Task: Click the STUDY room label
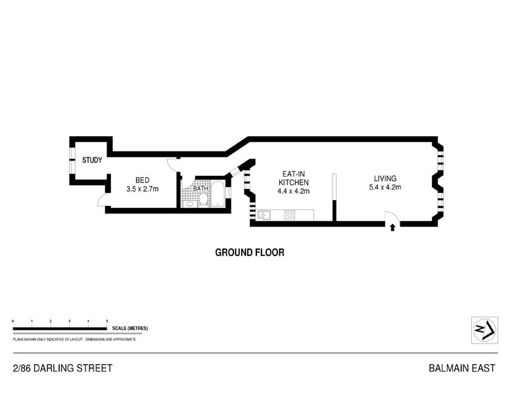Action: click(92, 160)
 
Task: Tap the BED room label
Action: click(143, 180)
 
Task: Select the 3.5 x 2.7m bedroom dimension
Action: click(143, 189)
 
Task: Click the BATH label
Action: click(200, 189)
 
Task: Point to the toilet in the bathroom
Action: click(203, 199)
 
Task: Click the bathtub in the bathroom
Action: click(218, 194)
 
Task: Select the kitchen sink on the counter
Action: click(264, 215)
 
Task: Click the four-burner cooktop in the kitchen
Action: click(289, 215)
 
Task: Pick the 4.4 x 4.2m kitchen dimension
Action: click(293, 192)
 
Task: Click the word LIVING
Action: click(385, 178)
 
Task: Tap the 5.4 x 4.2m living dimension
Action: click(385, 188)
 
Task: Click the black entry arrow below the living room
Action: click(392, 228)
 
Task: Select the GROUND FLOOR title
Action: click(250, 253)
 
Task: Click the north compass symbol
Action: click(484, 330)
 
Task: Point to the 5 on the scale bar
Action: click(107, 321)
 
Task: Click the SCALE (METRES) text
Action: click(130, 329)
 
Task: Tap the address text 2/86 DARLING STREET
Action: click(63, 368)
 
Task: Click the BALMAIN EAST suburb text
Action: click(462, 368)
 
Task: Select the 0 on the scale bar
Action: click(13, 321)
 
